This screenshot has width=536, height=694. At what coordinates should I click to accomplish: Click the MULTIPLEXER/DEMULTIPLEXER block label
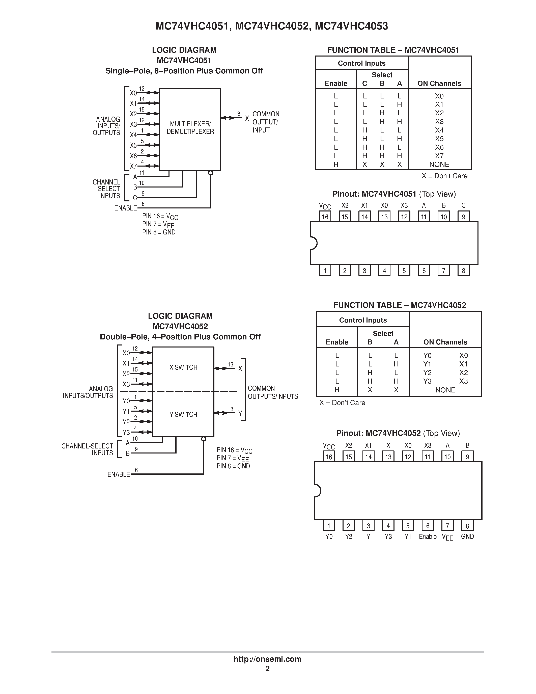point(190,127)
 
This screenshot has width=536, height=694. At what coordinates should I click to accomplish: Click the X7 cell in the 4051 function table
point(439,156)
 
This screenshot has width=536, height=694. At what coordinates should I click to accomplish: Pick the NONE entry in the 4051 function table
point(439,164)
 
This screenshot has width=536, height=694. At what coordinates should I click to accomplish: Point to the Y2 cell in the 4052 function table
point(427,372)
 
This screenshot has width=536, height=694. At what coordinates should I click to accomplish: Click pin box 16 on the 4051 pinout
point(325,217)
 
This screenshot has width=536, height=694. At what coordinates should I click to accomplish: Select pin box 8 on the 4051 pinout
point(463,271)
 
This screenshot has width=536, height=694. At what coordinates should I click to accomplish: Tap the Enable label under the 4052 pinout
point(428,536)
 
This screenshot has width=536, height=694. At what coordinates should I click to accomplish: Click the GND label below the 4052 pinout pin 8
point(467,536)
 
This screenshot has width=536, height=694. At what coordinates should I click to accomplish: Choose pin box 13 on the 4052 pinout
point(388,457)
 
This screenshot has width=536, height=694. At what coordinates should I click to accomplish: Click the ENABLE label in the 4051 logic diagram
point(125,208)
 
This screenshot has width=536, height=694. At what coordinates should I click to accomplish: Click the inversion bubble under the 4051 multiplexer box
point(210,173)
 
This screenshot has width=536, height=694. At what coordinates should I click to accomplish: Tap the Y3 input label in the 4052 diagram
point(126,433)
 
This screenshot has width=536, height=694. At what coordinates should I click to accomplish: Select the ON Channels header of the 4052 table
point(445,342)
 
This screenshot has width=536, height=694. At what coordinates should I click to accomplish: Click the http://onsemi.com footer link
point(267,659)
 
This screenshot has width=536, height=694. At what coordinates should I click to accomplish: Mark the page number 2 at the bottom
point(268,668)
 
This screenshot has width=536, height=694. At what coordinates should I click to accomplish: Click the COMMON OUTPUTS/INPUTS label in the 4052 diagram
point(272,392)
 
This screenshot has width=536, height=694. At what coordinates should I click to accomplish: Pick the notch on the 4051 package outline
point(314,243)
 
